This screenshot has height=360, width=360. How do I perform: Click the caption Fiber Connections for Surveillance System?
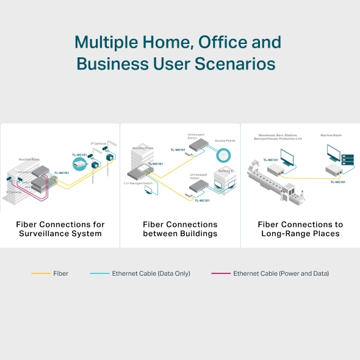click(60, 229)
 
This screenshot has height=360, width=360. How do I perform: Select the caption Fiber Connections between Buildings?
click(179, 229)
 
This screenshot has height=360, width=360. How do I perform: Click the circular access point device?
click(225, 154)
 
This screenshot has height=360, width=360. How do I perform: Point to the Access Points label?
click(225, 140)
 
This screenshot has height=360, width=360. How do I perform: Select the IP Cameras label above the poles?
click(99, 143)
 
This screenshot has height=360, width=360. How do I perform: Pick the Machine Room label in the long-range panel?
click(331, 135)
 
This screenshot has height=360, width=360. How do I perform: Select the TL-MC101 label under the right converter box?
click(337, 182)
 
